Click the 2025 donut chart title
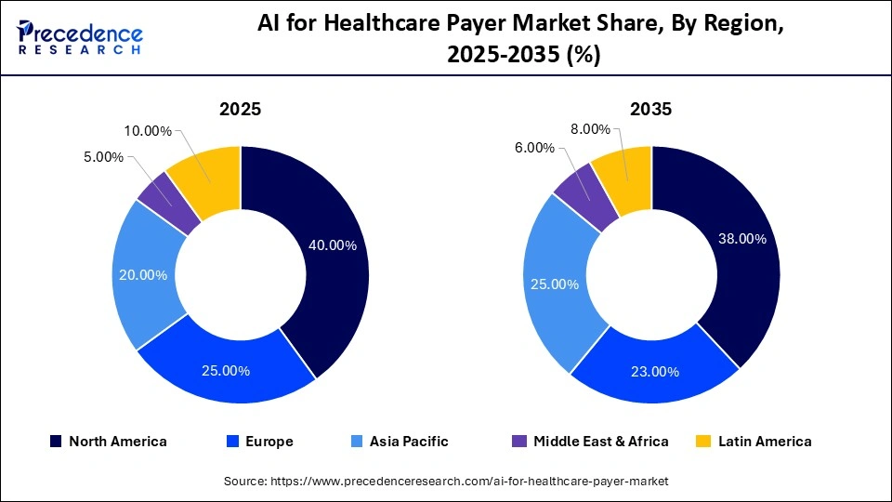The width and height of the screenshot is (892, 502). pyautogui.click(x=240, y=109)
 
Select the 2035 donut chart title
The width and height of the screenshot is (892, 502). pyautogui.click(x=651, y=109)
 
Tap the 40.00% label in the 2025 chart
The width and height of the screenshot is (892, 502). pyautogui.click(x=332, y=245)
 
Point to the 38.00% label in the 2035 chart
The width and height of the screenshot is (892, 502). pyautogui.click(x=741, y=238)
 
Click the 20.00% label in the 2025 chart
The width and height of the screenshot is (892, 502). pyautogui.click(x=144, y=274)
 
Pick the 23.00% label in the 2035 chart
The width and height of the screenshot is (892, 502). pyautogui.click(x=655, y=371)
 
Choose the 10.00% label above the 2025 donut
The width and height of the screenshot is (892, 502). pyautogui.click(x=148, y=131)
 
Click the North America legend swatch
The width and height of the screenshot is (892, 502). pyautogui.click(x=56, y=442)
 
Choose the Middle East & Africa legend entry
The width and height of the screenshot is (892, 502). pyautogui.click(x=591, y=442)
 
